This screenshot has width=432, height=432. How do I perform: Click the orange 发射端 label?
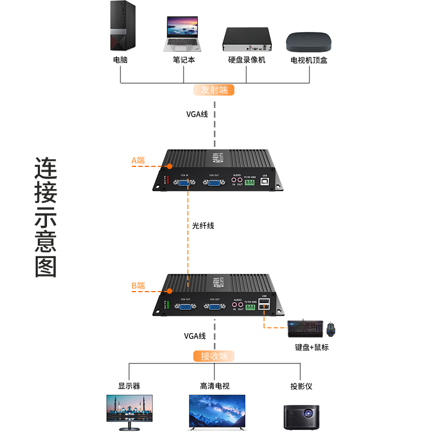(x=214, y=90)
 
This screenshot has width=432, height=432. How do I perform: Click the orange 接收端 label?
(x=214, y=356)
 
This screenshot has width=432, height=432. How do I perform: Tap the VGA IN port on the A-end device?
(x=183, y=184)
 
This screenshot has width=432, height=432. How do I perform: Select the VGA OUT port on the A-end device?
(x=214, y=184)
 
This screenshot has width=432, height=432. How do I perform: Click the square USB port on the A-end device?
(x=264, y=183)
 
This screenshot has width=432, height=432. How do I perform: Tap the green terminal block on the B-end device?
(x=250, y=307)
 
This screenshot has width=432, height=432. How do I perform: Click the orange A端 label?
(x=138, y=160)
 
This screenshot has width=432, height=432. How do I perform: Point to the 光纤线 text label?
(x=203, y=226)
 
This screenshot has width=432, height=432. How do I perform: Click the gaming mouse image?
(x=331, y=328)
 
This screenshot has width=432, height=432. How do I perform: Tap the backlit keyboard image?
(x=305, y=328)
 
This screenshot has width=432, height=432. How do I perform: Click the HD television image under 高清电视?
(x=217, y=412)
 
